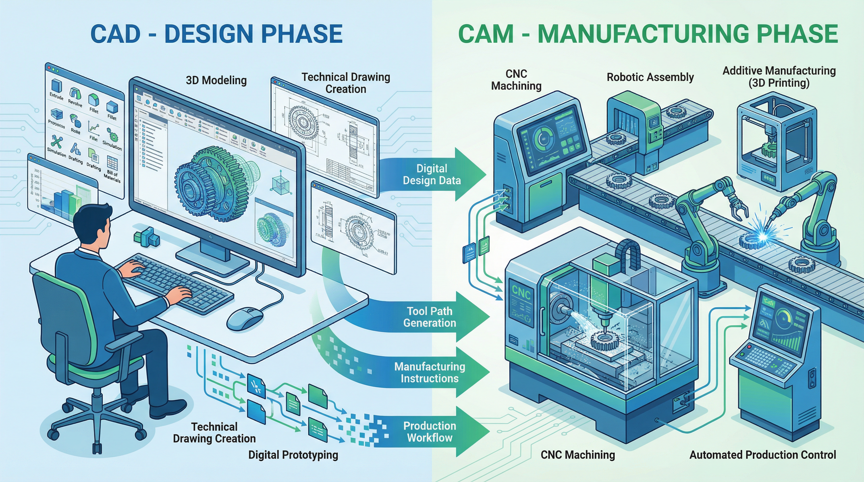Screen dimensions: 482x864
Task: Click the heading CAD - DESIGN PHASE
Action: coord(216,34)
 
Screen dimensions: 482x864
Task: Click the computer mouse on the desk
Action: coord(245,318)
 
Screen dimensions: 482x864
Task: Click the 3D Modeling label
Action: coord(216,80)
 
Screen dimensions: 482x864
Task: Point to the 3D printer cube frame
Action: coord(775,141)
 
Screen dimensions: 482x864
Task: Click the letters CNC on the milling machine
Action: coord(521,292)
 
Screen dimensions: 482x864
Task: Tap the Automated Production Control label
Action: coord(762,455)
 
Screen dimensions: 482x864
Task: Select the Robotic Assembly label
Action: coord(650,77)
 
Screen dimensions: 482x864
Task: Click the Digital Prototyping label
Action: coord(293,455)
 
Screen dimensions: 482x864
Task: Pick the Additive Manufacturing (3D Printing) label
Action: coord(779,77)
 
